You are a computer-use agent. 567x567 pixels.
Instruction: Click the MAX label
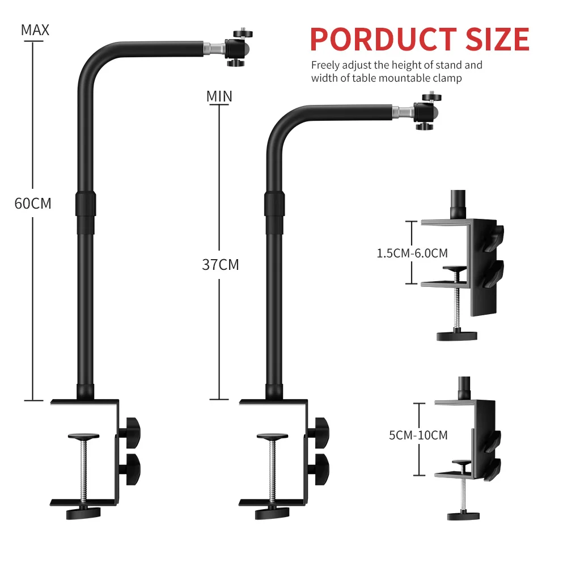point(35,30)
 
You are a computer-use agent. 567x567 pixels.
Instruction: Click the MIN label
point(219,96)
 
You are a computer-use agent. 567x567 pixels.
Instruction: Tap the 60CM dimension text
point(33,204)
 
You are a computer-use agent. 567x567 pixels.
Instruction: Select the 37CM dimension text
point(221,265)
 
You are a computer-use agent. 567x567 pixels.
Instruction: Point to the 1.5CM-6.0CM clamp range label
point(412,253)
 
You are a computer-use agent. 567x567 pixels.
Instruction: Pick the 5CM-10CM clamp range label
point(418,435)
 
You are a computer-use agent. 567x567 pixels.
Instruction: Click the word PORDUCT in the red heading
point(384,39)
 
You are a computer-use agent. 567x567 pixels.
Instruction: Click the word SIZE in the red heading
point(497,39)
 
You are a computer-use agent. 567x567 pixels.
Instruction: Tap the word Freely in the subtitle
point(325,65)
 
